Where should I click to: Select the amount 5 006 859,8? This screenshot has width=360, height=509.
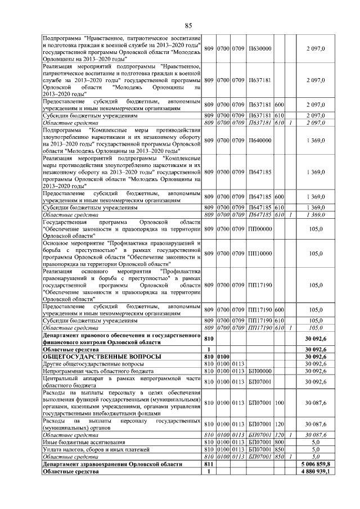click(x=315, y=464)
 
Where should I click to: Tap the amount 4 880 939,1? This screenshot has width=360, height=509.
click(x=315, y=471)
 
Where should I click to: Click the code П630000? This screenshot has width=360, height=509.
click(x=259, y=48)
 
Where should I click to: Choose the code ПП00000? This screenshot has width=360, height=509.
click(x=259, y=229)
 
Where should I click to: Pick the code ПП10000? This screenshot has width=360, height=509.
click(x=259, y=253)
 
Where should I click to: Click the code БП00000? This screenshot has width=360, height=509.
click(x=259, y=371)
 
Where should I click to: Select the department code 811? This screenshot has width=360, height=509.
click(x=208, y=464)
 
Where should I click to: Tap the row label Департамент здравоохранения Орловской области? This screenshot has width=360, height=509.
click(x=112, y=464)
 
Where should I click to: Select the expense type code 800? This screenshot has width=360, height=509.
click(x=279, y=443)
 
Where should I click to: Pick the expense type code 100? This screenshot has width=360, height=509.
click(x=279, y=403)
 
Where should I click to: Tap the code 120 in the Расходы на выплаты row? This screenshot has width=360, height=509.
click(x=279, y=424)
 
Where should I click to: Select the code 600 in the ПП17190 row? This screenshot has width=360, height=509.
click(x=279, y=309)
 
